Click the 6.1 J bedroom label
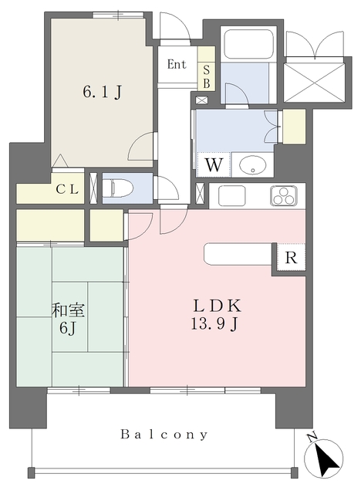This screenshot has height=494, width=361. (103, 92)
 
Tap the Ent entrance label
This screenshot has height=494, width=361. (177, 64)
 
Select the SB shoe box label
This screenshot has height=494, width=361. (207, 77)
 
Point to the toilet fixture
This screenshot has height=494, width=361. (118, 188)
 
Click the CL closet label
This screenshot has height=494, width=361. (67, 189)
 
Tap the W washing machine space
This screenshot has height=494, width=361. (214, 164)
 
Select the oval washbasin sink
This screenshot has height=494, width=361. (252, 164)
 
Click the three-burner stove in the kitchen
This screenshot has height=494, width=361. (283, 196)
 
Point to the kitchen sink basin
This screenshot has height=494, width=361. (232, 195)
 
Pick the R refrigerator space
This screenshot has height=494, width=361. (291, 258)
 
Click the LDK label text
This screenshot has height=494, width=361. (217, 306)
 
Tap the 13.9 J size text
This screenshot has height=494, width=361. (214, 323)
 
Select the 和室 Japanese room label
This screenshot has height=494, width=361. (69, 310)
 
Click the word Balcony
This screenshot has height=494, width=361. (164, 435)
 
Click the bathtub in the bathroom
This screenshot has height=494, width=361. (248, 44)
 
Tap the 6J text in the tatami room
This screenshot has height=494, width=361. (68, 328)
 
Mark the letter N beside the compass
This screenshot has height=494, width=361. (312, 438)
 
